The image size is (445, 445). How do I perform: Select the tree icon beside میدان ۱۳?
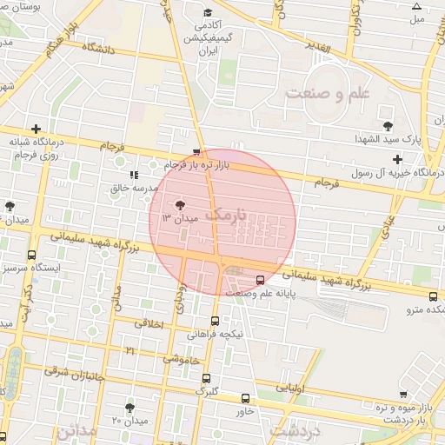180,206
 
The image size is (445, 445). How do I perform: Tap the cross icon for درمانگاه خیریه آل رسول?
398,159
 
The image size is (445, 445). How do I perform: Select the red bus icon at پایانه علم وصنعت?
261,280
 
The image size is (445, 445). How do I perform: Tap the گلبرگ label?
206,390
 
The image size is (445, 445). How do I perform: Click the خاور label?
244,411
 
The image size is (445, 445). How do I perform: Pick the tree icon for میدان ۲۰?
130,407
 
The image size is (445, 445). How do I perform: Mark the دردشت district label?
296,430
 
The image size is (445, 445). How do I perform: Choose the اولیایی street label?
291,388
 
